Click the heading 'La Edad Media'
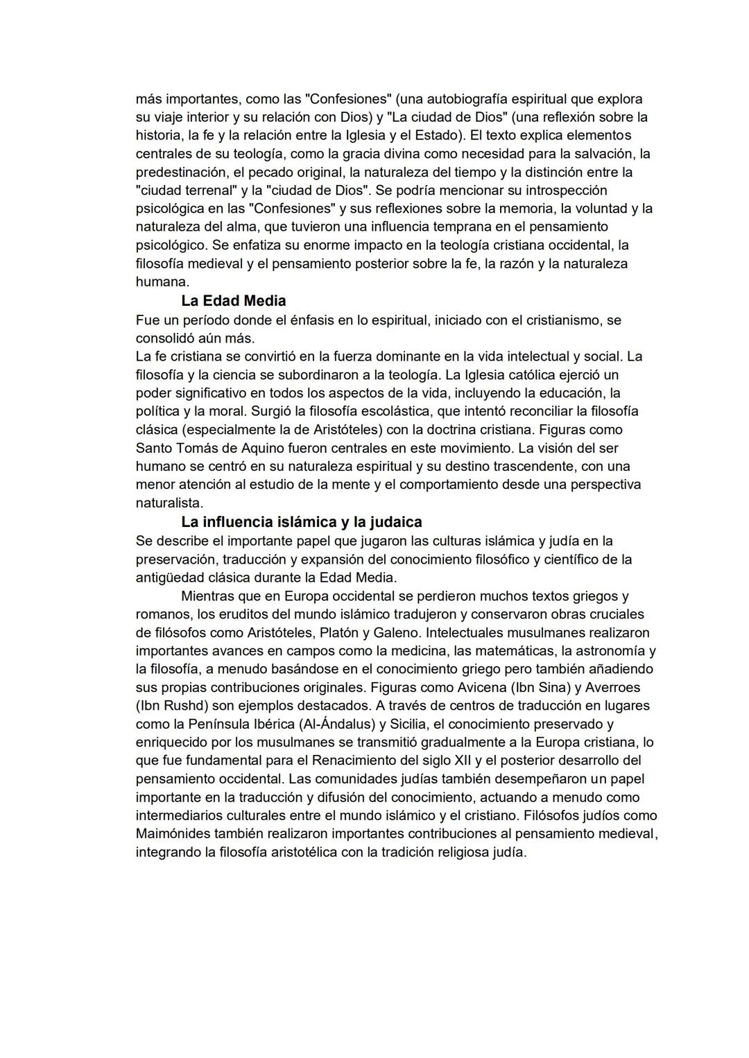[233, 301]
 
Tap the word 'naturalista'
[169, 503]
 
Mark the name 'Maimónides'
[174, 834]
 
